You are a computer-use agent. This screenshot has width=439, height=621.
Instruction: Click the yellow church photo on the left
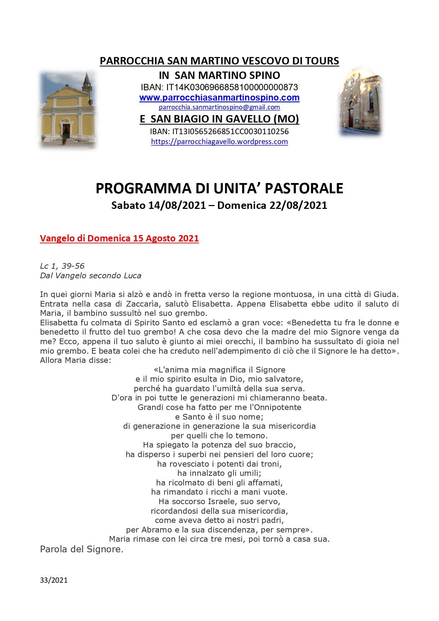pos(67,110)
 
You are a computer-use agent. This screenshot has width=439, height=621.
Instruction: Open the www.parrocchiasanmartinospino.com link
pos(219,98)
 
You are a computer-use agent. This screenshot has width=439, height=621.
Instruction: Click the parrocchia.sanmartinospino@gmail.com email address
pos(219,107)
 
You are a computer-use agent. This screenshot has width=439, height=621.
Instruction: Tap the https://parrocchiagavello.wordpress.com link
pos(219,142)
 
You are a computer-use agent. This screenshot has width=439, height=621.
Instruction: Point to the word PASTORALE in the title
pos(304,188)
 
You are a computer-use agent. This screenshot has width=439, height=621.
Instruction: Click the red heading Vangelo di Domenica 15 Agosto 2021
pos(119,238)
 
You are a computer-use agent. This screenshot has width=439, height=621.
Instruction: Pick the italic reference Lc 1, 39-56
pos(62,266)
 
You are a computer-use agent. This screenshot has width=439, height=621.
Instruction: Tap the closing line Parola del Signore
pos(82,549)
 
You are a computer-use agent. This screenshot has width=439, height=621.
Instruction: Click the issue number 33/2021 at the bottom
pos(54,580)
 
